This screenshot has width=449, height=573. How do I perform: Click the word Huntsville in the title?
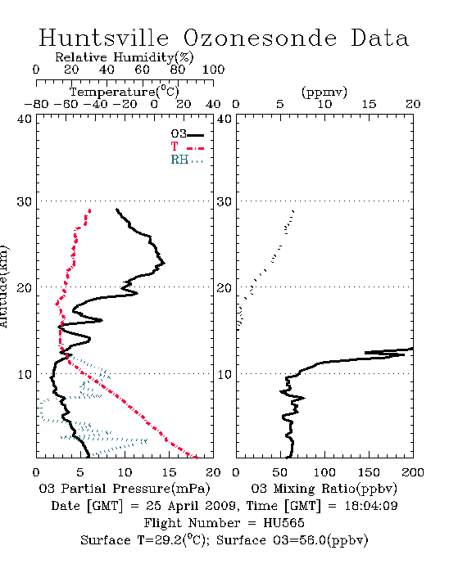[x=104, y=38]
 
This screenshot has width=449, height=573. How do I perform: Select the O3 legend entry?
[x=187, y=134]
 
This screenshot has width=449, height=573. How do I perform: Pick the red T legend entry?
[x=187, y=147]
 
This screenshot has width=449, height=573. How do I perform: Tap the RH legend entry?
[x=187, y=160]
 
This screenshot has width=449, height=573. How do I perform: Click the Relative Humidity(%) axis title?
[x=125, y=57]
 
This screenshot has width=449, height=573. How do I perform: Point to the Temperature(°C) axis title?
[x=125, y=92]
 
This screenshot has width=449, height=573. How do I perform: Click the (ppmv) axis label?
[x=324, y=92]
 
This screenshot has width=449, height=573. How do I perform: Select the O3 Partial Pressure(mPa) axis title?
[x=125, y=489]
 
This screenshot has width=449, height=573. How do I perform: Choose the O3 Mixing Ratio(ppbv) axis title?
[x=324, y=489]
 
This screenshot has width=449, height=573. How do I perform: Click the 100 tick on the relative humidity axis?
[x=213, y=70]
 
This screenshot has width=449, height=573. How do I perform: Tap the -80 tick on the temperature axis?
[x=36, y=104]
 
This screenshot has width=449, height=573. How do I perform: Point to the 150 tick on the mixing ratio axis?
[x=369, y=472]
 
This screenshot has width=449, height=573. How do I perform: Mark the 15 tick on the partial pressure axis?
[x=169, y=472]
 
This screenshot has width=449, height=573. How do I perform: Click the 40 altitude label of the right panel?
[x=224, y=119]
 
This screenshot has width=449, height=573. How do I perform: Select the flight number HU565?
[x=283, y=523]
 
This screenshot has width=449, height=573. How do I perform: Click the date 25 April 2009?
[x=191, y=506]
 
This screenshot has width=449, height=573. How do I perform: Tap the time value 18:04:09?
[x=371, y=506]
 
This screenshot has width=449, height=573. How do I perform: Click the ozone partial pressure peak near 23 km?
[x=165, y=263]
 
